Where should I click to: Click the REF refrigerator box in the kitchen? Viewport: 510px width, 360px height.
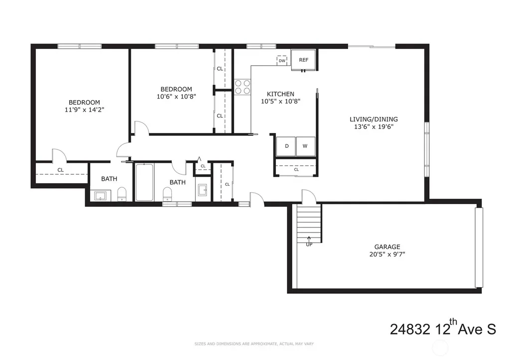[303, 60]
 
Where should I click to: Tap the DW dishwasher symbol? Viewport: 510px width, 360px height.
[282, 60]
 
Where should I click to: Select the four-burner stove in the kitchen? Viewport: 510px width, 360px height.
[243, 87]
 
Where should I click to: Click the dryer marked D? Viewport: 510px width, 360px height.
[286, 146]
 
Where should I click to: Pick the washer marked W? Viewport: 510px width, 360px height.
[305, 146]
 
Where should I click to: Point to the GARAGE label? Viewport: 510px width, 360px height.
[387, 247]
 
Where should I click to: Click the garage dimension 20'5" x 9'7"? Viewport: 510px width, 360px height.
[387, 254]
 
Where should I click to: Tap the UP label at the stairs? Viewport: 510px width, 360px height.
[309, 244]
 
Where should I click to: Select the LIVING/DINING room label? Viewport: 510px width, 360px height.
[374, 120]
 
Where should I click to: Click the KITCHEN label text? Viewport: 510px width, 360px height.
[280, 94]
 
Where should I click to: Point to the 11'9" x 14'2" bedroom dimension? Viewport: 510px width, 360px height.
[84, 110]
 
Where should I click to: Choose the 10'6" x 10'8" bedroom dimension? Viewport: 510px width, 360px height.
[176, 97]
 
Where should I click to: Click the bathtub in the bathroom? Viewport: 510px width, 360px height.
[144, 182]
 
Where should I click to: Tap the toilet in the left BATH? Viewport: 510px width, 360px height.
[122, 194]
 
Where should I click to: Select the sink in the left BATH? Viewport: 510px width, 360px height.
[100, 196]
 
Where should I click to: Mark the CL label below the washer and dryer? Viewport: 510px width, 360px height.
[296, 169]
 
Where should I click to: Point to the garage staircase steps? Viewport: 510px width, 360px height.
[309, 223]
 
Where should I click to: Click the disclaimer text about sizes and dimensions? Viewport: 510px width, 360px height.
[254, 344]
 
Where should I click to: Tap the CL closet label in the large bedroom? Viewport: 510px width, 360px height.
[60, 170]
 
